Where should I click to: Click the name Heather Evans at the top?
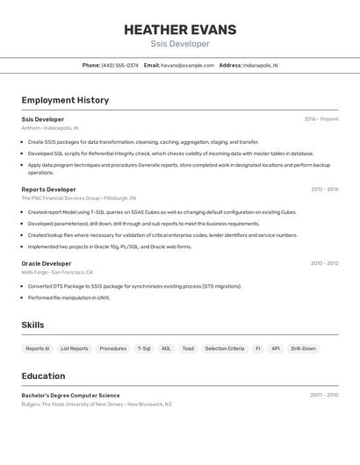[180, 30]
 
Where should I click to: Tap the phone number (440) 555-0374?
[119, 65]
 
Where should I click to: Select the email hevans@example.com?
[187, 65]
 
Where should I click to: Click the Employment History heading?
[65, 100]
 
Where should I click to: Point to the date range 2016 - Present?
[320, 119]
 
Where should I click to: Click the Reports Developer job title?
[48, 189]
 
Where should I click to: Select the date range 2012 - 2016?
[324, 189]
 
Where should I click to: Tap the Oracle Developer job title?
[46, 263]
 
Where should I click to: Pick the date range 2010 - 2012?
[324, 263]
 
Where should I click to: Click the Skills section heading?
[32, 325]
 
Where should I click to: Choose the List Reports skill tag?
[74, 348]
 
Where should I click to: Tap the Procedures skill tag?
[112, 348]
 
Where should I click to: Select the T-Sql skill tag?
[144, 348]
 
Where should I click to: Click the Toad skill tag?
[188, 348]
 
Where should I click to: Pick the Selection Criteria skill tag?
[225, 348]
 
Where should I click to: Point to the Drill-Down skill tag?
[303, 348]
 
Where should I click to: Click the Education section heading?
[43, 376]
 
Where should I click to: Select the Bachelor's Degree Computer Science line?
[70, 395]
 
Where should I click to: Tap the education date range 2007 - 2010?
[324, 395]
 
